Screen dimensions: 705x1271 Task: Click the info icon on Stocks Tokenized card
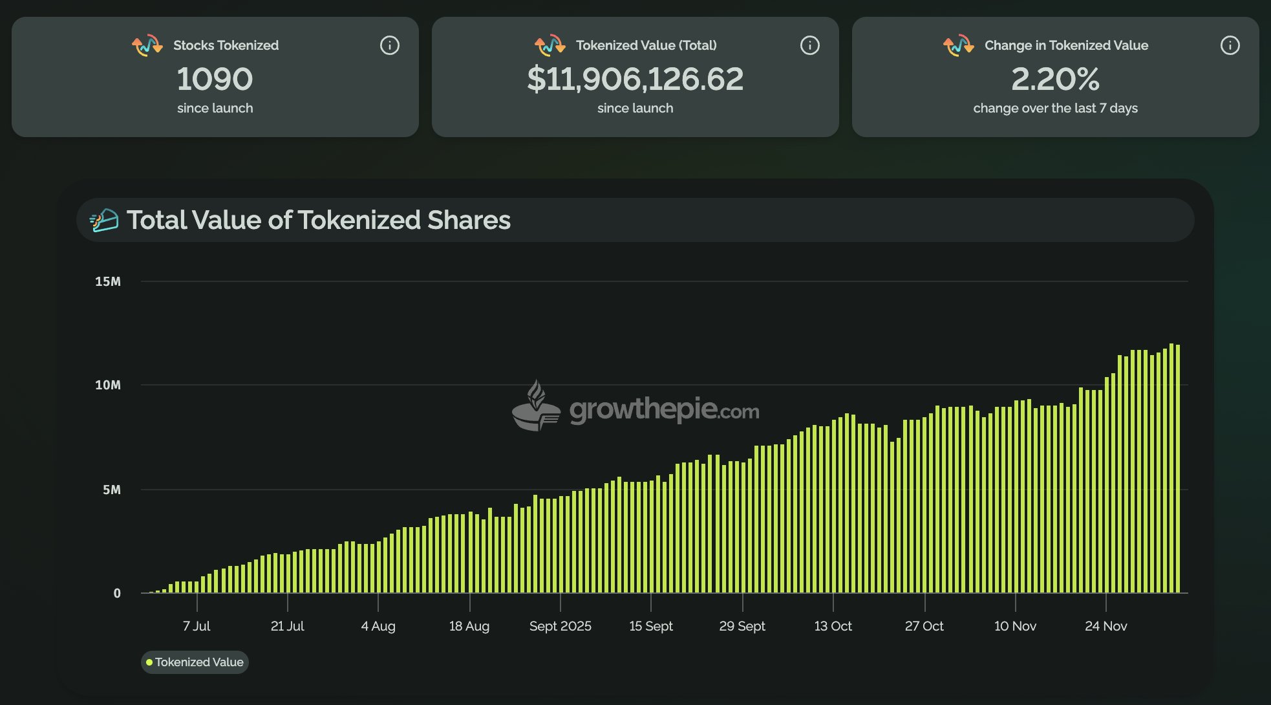click(x=389, y=45)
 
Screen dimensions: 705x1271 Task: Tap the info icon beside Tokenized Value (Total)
click(x=809, y=45)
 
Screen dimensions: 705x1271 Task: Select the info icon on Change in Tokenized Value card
click(x=1230, y=45)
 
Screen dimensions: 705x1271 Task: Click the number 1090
click(x=215, y=79)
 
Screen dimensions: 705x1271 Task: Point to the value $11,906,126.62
click(x=635, y=79)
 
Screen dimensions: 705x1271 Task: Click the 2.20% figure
click(x=1055, y=79)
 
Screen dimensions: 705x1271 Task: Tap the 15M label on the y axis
click(x=108, y=281)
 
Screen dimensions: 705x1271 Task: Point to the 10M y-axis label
click(x=108, y=385)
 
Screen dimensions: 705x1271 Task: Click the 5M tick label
click(x=112, y=490)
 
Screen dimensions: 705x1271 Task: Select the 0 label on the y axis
click(x=117, y=593)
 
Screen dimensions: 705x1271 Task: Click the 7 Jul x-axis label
click(x=197, y=626)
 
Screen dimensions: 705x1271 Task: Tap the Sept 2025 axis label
click(x=560, y=626)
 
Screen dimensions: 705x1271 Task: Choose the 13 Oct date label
click(x=833, y=626)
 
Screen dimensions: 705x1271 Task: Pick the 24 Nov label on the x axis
click(x=1105, y=626)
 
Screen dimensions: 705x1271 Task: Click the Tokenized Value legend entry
click(x=195, y=662)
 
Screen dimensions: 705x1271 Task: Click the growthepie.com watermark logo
click(x=635, y=407)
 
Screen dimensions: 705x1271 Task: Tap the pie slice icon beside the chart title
click(x=104, y=221)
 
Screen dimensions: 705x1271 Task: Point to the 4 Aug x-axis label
click(x=378, y=626)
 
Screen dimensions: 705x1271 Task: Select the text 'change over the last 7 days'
click(x=1055, y=108)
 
